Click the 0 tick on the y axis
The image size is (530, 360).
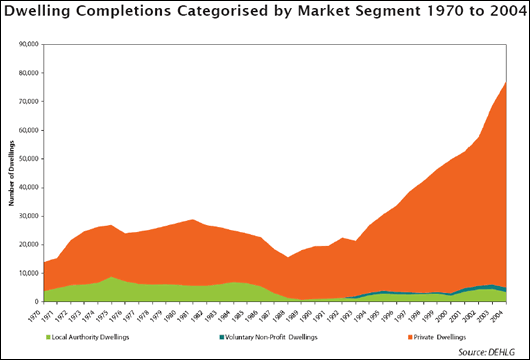[32, 300]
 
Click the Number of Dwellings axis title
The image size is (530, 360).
[11, 173]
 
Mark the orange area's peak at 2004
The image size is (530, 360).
[506, 82]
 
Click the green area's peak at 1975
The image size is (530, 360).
[111, 277]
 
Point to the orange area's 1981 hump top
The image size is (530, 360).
[193, 219]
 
